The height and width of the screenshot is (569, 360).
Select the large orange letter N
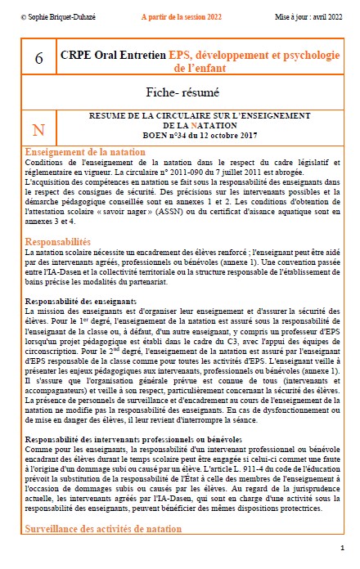pos(38,130)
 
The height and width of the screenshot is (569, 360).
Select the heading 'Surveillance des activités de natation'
pos(104,530)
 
